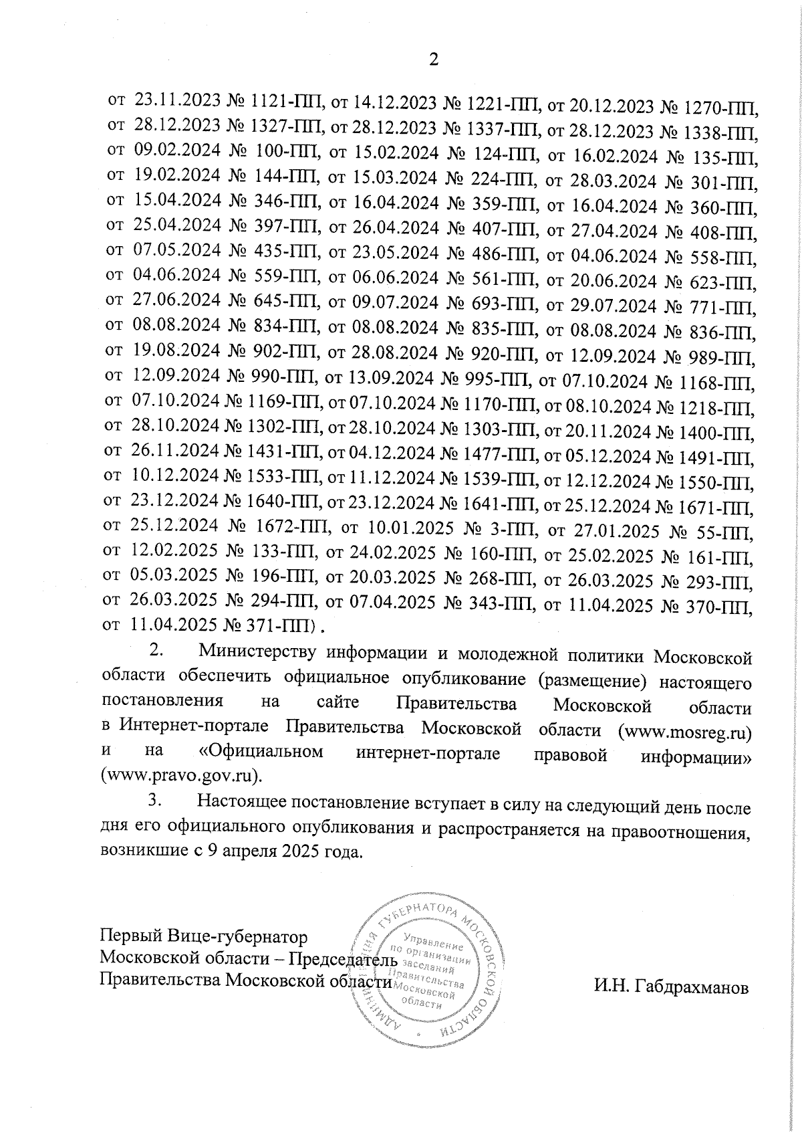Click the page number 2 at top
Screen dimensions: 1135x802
(433, 60)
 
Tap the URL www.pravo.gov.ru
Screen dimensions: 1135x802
(178, 776)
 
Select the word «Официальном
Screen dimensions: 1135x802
(261, 752)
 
